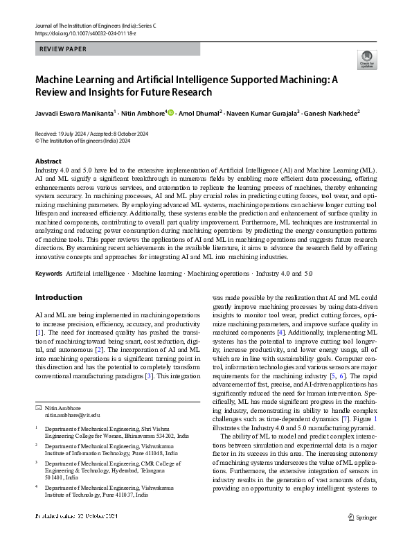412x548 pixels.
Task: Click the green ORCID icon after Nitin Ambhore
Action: coord(170,112)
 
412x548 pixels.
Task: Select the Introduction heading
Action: coord(58,297)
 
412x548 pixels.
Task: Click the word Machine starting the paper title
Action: coord(55,80)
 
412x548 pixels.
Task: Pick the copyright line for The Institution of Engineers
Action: coord(79,139)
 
